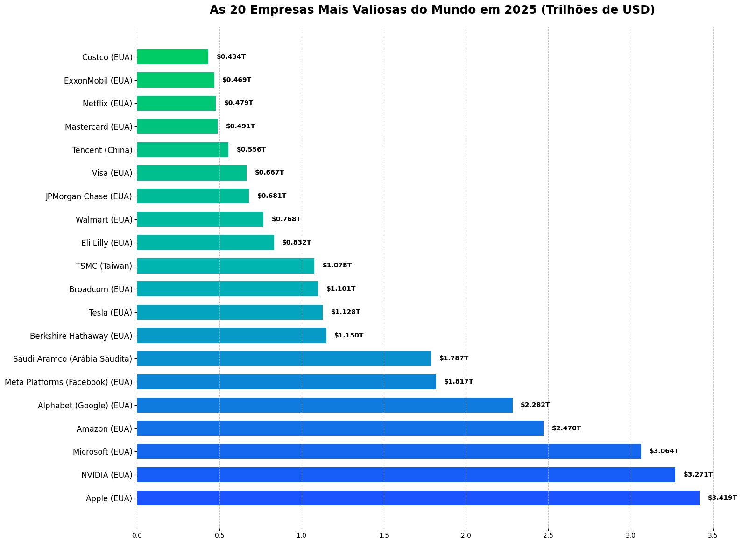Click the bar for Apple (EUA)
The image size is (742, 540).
click(x=418, y=498)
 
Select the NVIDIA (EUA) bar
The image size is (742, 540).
click(x=406, y=475)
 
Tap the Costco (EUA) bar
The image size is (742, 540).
click(x=172, y=57)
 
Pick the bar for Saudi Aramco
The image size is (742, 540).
click(x=284, y=358)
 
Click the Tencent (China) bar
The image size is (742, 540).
click(x=183, y=150)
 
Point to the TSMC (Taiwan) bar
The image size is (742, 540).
click(x=226, y=266)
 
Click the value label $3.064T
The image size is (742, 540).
click(x=664, y=451)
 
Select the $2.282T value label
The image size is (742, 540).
click(x=535, y=405)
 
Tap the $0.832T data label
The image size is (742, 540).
click(x=297, y=243)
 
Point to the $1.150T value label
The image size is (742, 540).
click(x=349, y=336)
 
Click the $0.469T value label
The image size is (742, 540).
click(x=237, y=80)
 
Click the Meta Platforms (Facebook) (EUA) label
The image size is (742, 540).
click(x=69, y=382)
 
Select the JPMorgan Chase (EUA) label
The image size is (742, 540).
click(x=89, y=196)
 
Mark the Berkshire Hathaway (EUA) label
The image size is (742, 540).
click(x=81, y=336)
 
